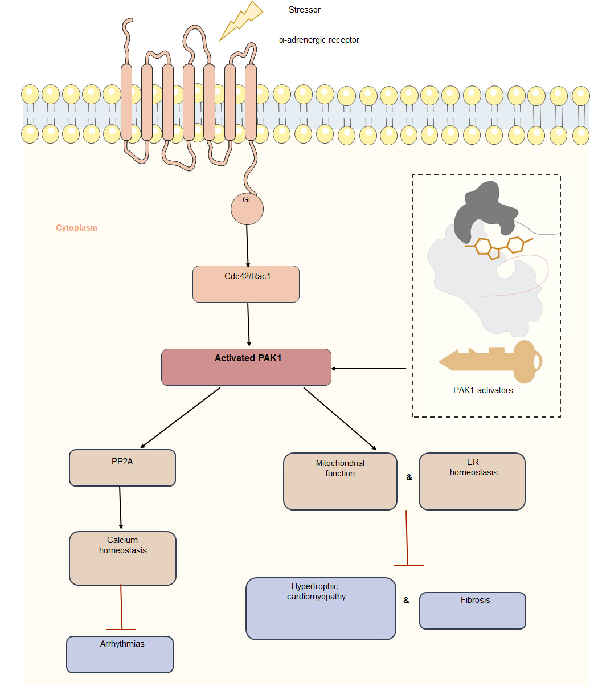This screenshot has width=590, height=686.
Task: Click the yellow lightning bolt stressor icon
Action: coord(240,21)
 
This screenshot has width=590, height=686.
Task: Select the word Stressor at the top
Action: coord(305,10)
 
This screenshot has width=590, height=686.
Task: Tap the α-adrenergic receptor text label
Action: coord(319,40)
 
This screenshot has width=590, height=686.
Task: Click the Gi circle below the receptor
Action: coord(247,208)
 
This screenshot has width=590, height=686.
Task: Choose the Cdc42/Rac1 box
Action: coord(246,284)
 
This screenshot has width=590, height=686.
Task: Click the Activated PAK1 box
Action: coord(246,367)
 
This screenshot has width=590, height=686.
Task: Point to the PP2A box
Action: coord(122,468)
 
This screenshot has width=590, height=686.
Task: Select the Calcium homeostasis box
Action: coord(122,558)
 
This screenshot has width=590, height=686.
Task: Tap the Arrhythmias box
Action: coord(120,654)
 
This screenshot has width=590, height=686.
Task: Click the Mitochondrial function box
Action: coord(340,481)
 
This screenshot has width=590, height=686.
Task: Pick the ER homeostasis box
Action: coord(472,481)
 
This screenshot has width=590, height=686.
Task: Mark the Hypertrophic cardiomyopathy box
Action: coord(321,609)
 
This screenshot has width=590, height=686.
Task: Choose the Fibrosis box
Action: coord(473,610)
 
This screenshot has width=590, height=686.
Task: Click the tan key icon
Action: coord(492,361)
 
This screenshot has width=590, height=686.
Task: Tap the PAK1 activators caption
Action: coord(483,390)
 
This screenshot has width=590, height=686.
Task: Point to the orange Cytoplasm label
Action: coord(76,228)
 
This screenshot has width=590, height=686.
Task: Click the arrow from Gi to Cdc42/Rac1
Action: coord(247,245)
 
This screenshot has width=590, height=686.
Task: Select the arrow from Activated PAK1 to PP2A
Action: coord(180,418)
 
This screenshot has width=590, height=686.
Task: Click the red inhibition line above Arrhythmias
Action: coord(121,607)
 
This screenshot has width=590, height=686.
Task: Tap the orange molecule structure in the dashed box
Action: coord(497,247)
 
